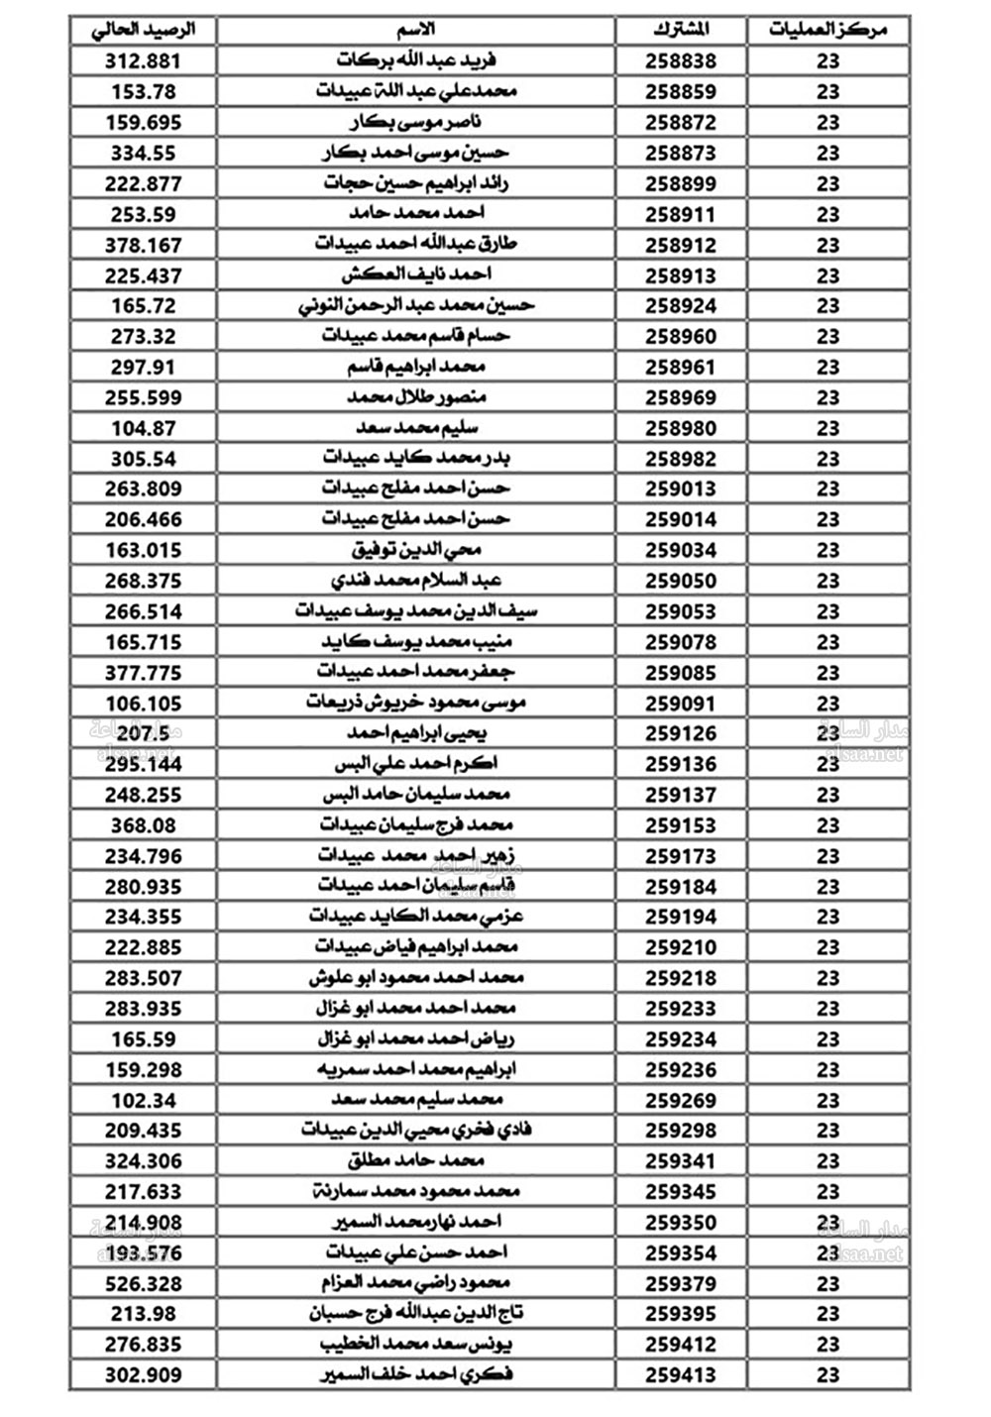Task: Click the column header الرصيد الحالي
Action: [x=143, y=30]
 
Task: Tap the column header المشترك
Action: [x=681, y=30]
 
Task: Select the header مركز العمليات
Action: [x=827, y=30]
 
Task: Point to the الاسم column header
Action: [x=416, y=30]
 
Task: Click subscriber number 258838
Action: [x=681, y=60]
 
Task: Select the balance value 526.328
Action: [x=144, y=1283]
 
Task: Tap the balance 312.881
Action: [x=144, y=60]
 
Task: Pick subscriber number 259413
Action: [x=681, y=1374]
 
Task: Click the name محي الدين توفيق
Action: [x=416, y=549]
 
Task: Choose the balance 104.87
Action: [x=144, y=428]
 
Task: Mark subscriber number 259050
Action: [x=681, y=581]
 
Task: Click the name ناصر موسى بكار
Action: [x=416, y=122]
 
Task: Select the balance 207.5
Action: [x=144, y=733]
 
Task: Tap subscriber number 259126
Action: [x=681, y=733]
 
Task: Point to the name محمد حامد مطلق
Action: [x=416, y=1160]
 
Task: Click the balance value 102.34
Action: [x=144, y=1100]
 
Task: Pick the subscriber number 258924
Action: [x=681, y=305]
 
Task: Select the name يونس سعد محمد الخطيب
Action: [x=416, y=1344]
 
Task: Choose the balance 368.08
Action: [x=144, y=824]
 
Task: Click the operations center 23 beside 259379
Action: [x=827, y=1283]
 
